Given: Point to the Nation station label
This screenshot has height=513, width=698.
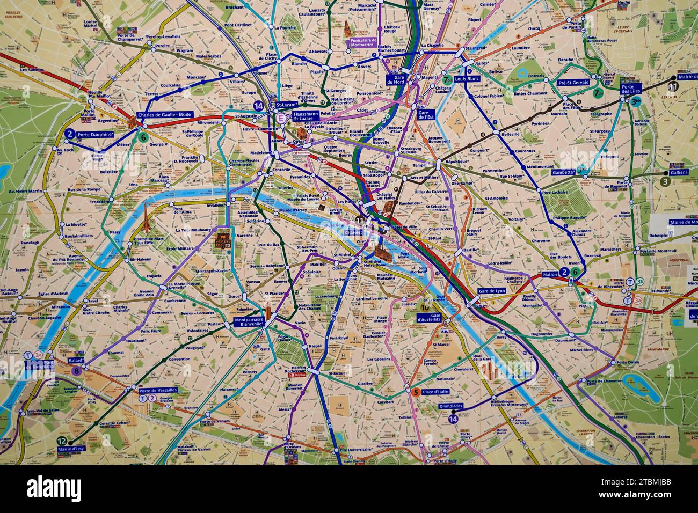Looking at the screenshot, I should pyautogui.click(x=550, y=274).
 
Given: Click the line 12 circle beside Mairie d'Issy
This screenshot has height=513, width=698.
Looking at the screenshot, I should pyautogui.click(x=61, y=441).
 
